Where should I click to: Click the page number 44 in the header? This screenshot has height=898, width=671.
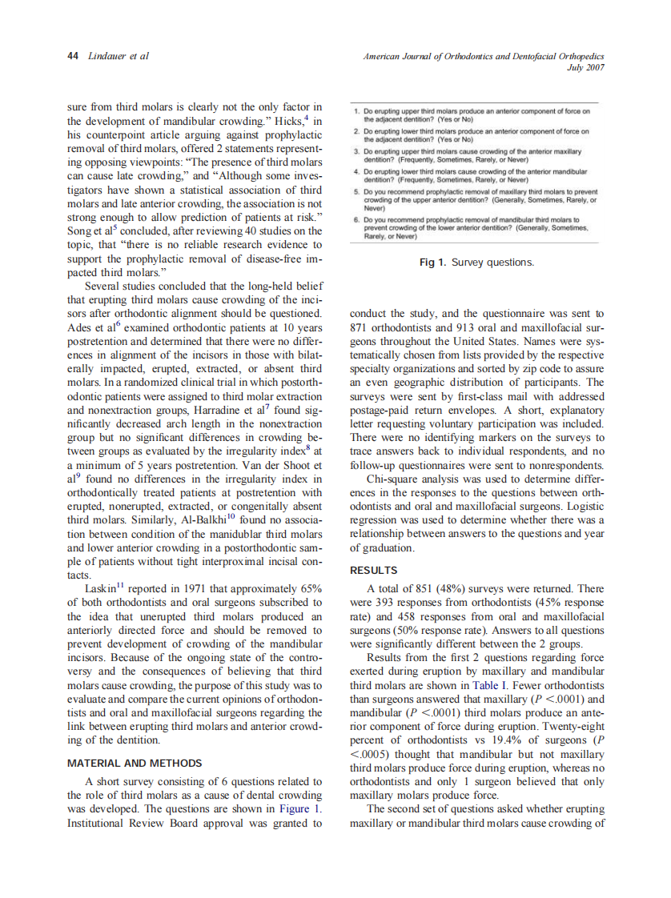coord(72,56)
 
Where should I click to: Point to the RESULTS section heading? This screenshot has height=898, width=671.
coord(374,570)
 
